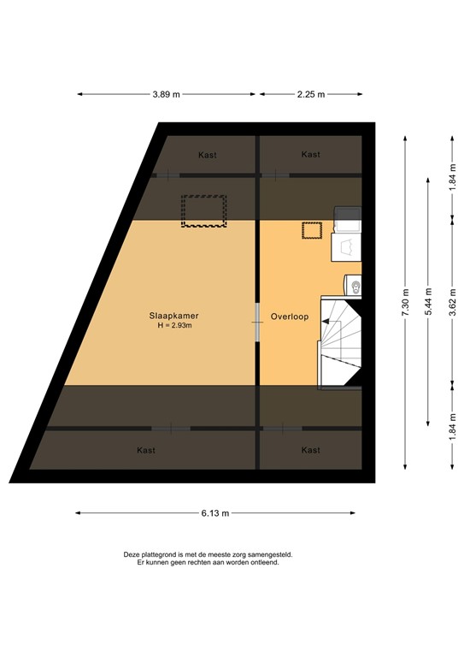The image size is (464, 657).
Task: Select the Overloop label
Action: [x=288, y=315]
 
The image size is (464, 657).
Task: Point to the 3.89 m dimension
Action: [x=166, y=94]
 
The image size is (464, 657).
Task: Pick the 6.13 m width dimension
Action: [x=214, y=513]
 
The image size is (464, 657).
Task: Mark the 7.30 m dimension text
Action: [x=405, y=302]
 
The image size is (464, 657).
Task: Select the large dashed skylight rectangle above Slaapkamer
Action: [x=203, y=210]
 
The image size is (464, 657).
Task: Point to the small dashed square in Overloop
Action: [x=311, y=230]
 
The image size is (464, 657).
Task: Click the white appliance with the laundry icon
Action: [x=346, y=247]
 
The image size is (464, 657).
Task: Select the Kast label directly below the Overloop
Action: [x=311, y=450]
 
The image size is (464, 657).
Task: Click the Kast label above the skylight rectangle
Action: [x=207, y=155]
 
